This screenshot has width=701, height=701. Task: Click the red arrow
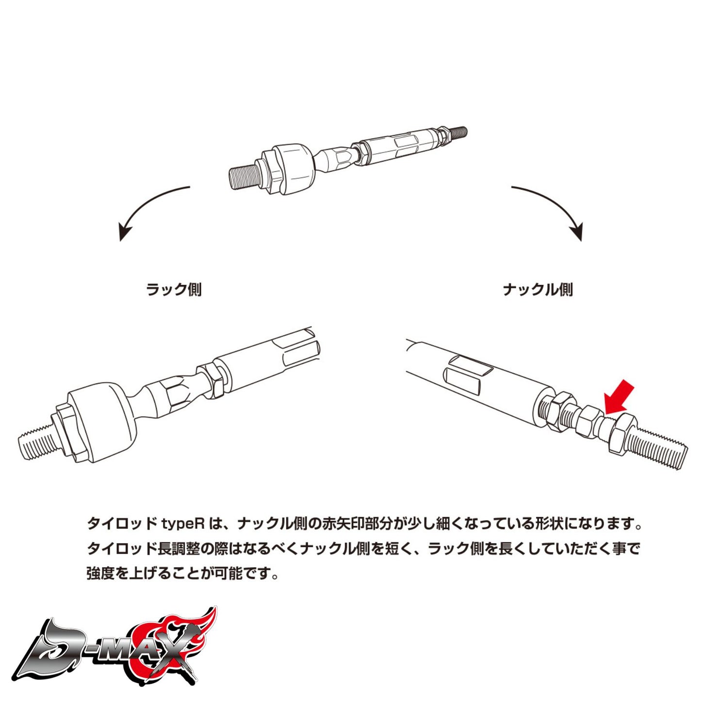pos(619,396)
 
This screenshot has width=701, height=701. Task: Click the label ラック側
pos(174,290)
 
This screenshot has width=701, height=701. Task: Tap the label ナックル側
pos(538,290)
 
